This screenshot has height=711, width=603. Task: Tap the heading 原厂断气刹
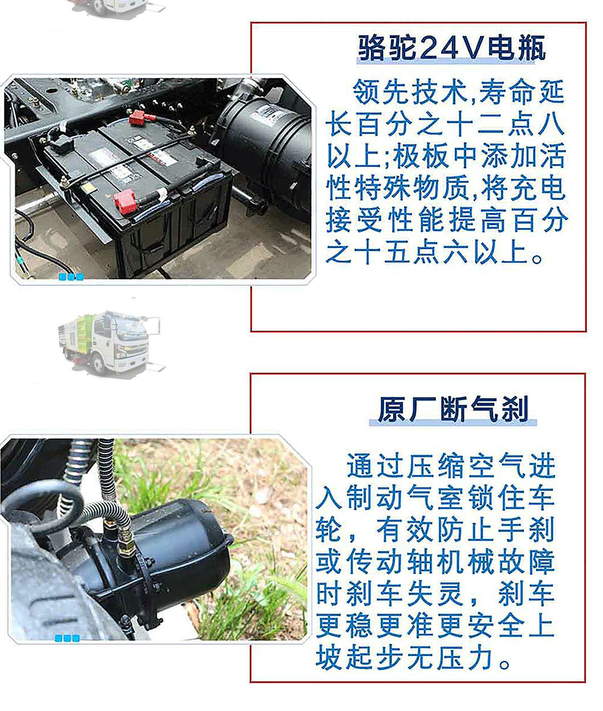click(x=453, y=408)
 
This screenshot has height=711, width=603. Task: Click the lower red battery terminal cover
click(x=125, y=201)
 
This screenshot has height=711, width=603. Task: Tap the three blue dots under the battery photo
click(x=71, y=277)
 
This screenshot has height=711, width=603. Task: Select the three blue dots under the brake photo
click(x=67, y=639)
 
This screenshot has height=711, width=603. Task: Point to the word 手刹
click(x=525, y=530)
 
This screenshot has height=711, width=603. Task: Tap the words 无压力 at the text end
click(x=450, y=659)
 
